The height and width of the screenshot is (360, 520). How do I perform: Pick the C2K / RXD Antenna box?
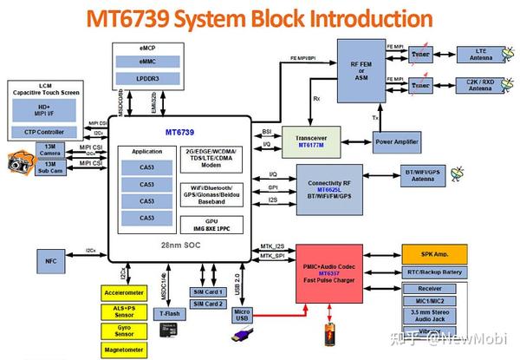click(x=481, y=86)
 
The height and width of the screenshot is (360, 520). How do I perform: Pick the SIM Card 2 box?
click(x=209, y=304)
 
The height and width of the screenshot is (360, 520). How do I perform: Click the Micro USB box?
click(x=243, y=316)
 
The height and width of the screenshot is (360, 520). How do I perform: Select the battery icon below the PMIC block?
click(x=330, y=335)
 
